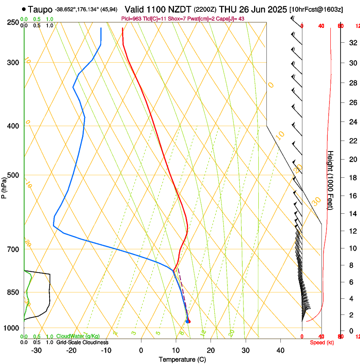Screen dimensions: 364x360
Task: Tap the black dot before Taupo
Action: (x=24, y=9)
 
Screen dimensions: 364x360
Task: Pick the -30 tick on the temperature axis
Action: (x=36, y=350)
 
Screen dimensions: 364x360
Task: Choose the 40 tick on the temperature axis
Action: (x=280, y=350)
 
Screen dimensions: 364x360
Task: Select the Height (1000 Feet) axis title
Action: (x=330, y=180)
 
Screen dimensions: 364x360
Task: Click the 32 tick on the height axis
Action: (x=352, y=43)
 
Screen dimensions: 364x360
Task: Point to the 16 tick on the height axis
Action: (x=352, y=196)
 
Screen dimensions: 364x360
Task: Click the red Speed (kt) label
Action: (x=320, y=342)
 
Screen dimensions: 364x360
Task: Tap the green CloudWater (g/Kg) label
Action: (x=78, y=336)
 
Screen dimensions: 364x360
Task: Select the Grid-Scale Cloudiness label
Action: (x=82, y=342)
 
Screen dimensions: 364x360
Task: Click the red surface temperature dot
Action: (x=188, y=322)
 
